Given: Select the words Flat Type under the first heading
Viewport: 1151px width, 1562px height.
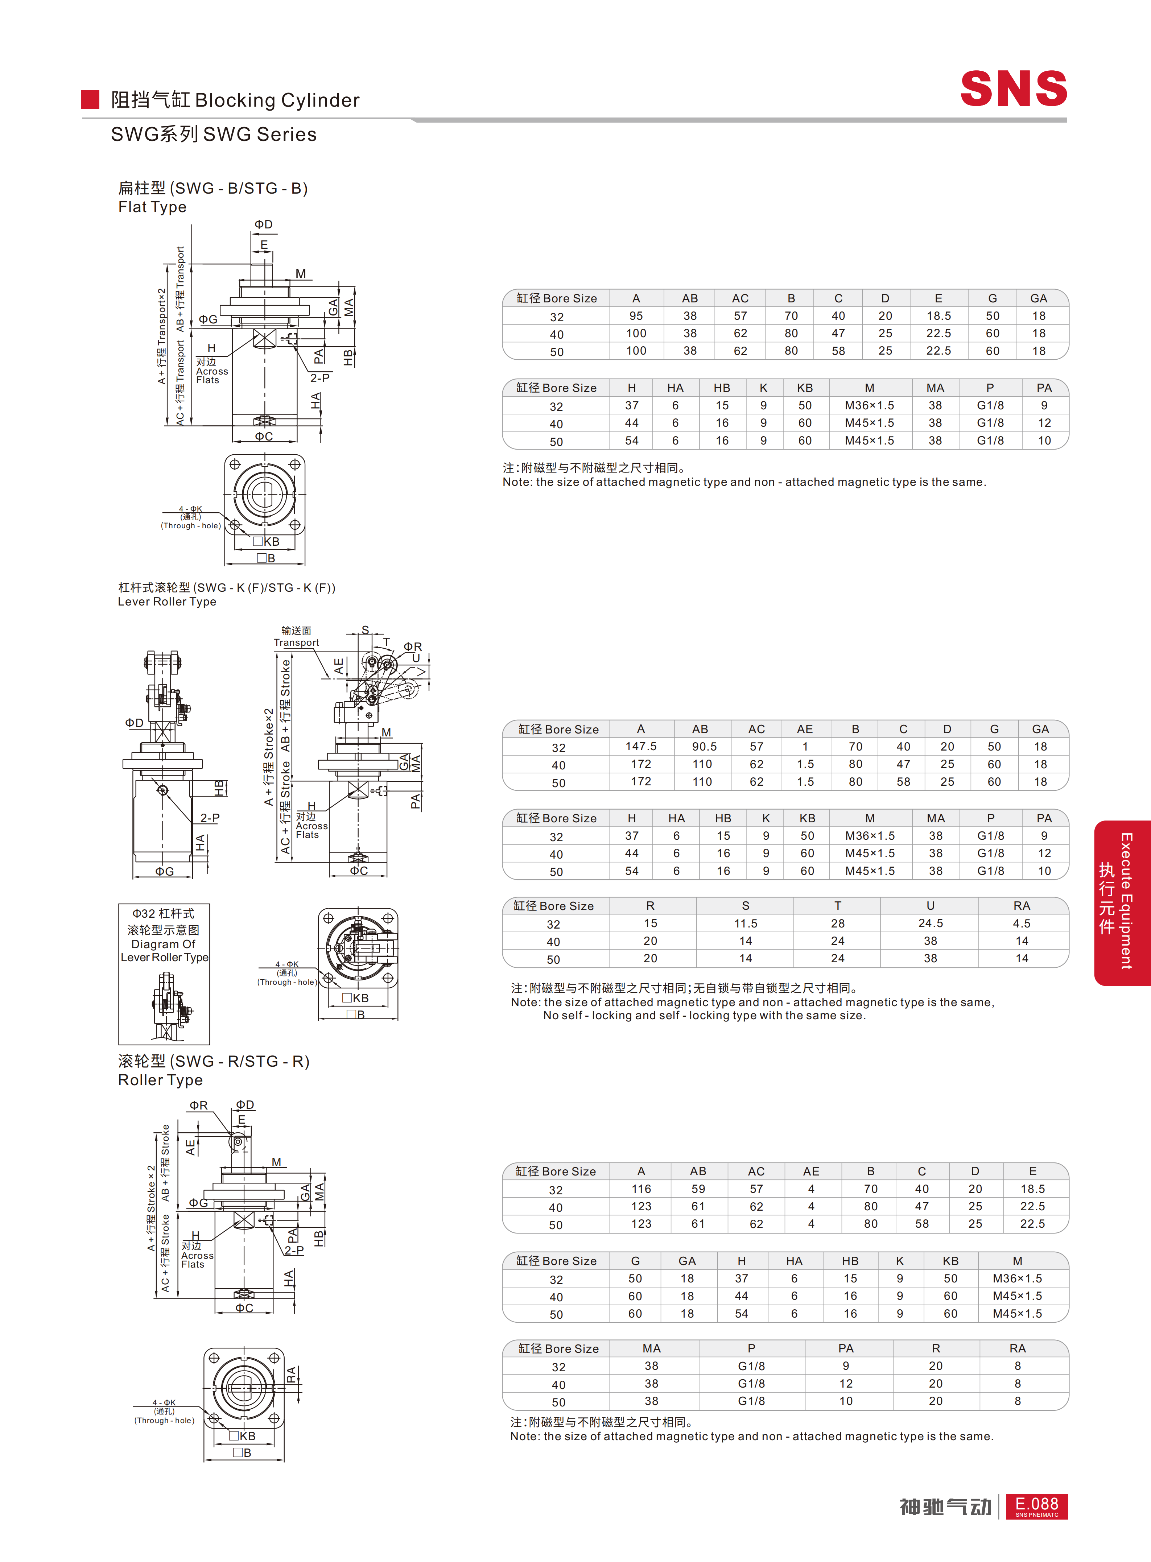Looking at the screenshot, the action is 153,207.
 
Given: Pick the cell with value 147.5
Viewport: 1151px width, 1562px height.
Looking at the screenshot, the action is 641,746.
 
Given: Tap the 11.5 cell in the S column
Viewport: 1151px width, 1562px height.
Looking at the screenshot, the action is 746,923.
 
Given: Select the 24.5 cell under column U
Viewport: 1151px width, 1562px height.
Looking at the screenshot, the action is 930,923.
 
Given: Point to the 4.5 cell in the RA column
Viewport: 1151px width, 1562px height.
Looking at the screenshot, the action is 1022,923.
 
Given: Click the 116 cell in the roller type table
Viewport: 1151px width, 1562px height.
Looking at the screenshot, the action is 641,1189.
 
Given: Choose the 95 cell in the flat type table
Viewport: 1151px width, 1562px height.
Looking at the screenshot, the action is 636,315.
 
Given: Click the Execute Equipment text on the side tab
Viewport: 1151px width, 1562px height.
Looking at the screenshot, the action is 1126,901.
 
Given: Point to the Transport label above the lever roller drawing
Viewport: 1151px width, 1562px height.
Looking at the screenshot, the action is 296,642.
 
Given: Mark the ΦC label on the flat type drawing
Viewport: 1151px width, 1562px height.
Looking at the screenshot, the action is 264,436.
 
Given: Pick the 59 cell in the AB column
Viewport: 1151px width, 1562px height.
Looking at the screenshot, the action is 698,1189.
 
